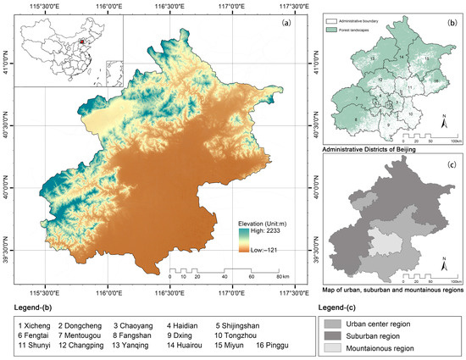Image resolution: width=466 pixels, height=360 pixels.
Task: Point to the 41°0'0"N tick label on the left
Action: click(6, 64)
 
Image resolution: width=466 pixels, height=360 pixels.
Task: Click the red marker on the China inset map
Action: click(81, 39)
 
